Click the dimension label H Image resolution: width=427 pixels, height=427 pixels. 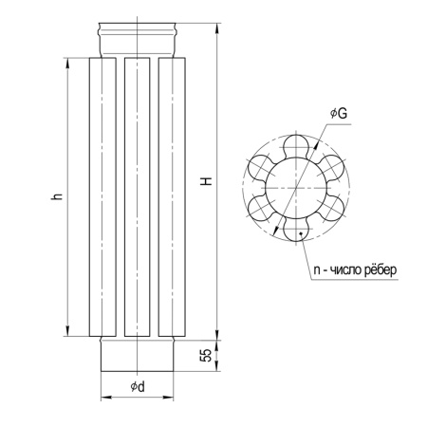click(207, 180)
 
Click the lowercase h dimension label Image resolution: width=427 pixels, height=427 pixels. click(56, 196)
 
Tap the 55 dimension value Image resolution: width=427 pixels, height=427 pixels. click(206, 355)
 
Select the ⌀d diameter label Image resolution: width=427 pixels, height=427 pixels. click(138, 386)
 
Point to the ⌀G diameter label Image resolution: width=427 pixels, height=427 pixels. click(339, 113)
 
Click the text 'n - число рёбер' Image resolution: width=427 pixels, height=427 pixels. click(355, 270)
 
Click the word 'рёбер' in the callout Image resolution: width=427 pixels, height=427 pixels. click(381, 270)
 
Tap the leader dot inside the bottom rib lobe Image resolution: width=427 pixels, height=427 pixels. click(301, 233)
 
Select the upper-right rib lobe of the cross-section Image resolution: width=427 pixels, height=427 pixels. click(331, 167)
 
